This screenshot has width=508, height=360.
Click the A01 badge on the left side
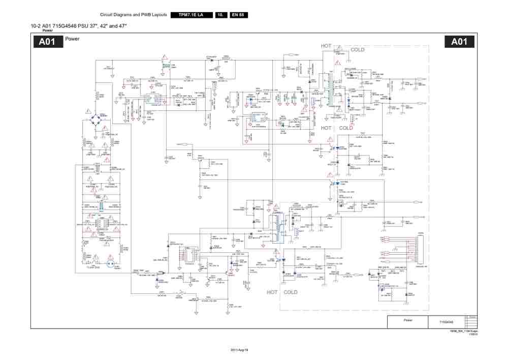pyautogui.click(x=47, y=42)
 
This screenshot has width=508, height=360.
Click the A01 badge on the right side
pyautogui.click(x=459, y=42)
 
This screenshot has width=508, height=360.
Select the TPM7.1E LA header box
pyautogui.click(x=190, y=15)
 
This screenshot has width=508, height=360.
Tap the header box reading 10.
pyautogui.click(x=220, y=15)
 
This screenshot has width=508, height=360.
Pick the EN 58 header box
pyautogui.click(x=238, y=15)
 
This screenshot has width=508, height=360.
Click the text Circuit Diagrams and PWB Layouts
pyautogui.click(x=134, y=15)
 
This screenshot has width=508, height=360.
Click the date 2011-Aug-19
pyautogui.click(x=239, y=351)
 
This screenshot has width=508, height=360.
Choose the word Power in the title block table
pyautogui.click(x=408, y=320)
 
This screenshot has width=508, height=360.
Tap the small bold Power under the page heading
pyautogui.click(x=47, y=30)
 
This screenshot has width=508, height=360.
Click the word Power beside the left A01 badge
pyautogui.click(x=72, y=39)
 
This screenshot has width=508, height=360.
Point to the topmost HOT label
pyautogui.click(x=326, y=46)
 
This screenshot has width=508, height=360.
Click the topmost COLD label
pyautogui.click(x=357, y=50)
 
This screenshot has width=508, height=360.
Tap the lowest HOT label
pyautogui.click(x=272, y=292)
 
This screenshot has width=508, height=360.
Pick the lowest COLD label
pyautogui.click(x=291, y=292)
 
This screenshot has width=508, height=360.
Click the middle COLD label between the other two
pyautogui.click(x=345, y=128)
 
